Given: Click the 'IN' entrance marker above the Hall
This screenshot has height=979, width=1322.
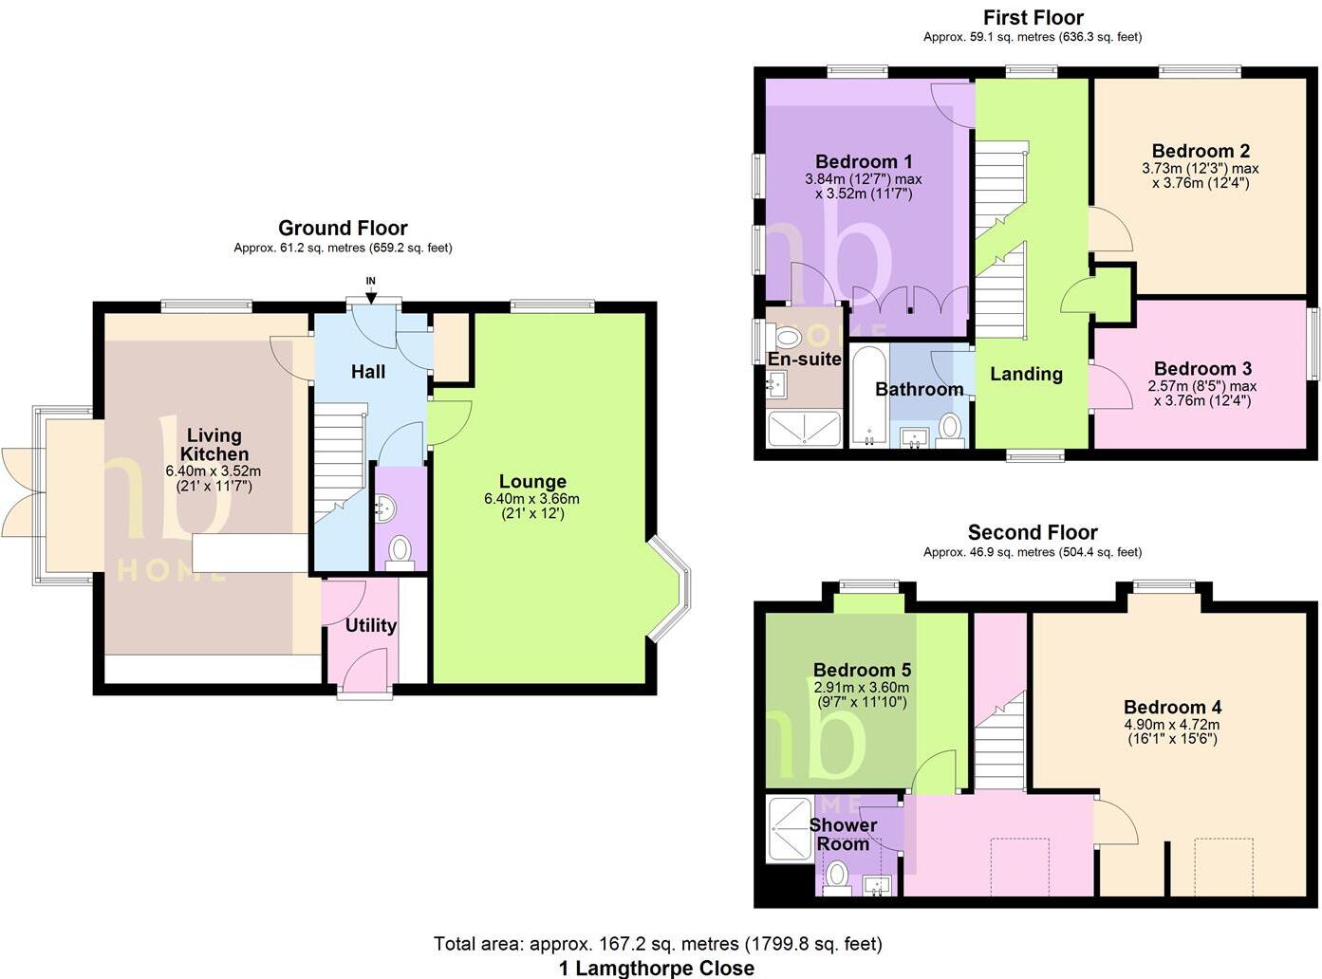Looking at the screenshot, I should (x=371, y=281).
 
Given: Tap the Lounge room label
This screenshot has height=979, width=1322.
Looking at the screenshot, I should (x=532, y=482).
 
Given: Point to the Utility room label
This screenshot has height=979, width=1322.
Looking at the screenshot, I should (x=371, y=625).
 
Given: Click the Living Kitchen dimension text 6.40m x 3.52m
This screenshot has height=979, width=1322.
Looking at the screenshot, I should (x=214, y=471).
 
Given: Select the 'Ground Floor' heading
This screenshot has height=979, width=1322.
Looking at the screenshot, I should (x=343, y=228).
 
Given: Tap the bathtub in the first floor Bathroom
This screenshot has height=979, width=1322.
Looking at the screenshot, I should (x=868, y=397).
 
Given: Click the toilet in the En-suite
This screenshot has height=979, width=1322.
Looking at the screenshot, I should (x=788, y=337).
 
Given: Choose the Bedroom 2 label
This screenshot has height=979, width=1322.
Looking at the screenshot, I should (x=1201, y=151).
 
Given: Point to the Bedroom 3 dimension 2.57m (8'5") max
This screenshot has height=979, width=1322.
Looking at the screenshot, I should (x=1202, y=386).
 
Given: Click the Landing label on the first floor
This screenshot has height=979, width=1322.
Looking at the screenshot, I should (x=1026, y=374).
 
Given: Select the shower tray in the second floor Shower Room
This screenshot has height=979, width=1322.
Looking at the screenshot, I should (x=789, y=828).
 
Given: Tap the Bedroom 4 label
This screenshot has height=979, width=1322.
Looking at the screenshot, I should (x=1172, y=707).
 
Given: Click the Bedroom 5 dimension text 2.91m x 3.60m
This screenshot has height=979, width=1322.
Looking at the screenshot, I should (x=861, y=688).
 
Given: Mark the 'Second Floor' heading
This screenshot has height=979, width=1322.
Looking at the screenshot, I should (x=1033, y=532).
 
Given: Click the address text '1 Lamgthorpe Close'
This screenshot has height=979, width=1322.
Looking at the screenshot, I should (x=657, y=968).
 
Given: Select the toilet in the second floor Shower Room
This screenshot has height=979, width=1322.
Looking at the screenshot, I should (x=837, y=874).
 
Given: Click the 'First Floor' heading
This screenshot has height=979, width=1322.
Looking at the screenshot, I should (x=1033, y=17).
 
